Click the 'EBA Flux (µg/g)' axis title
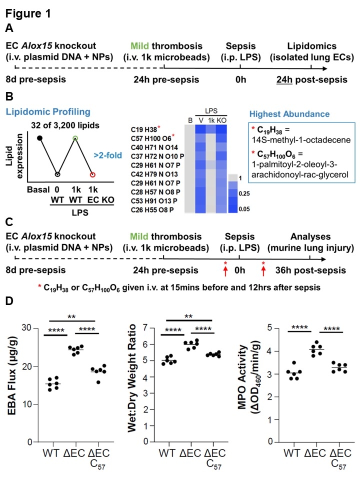coord(12,384)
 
